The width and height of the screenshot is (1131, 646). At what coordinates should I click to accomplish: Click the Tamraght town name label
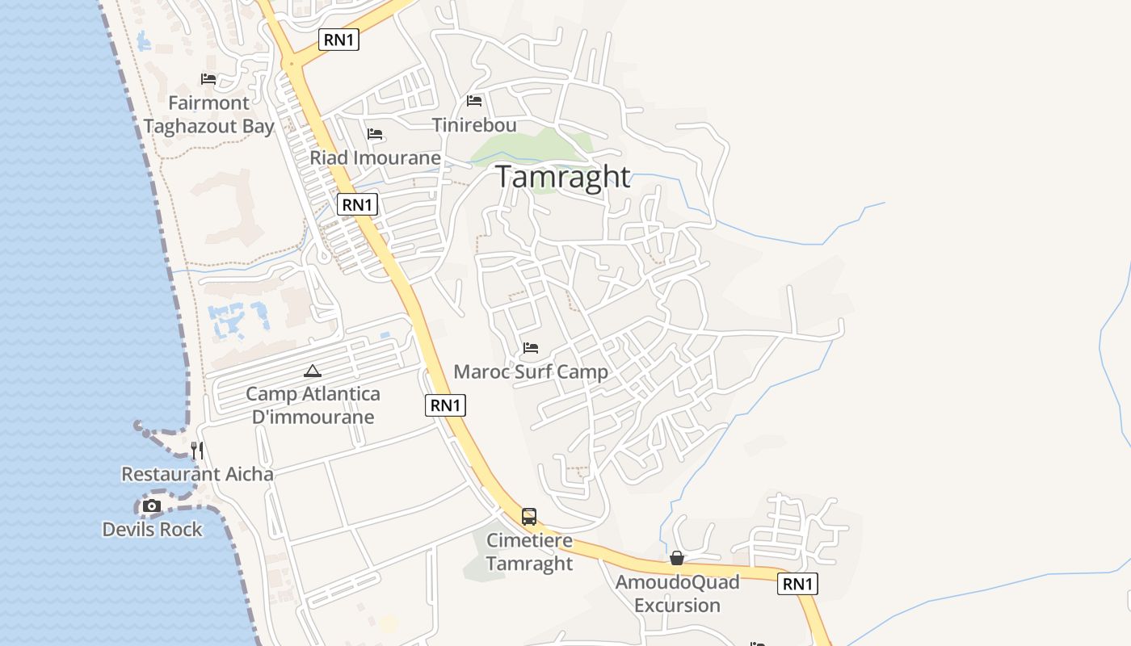pyautogui.click(x=562, y=177)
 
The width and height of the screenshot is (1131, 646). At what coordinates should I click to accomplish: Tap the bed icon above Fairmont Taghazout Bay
pyautogui.click(x=208, y=79)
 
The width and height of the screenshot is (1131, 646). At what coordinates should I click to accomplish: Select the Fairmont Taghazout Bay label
pyautogui.click(x=208, y=115)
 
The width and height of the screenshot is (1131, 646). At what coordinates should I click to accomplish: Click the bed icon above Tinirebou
pyautogui.click(x=474, y=101)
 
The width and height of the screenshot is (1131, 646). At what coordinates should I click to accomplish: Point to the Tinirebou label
pyautogui.click(x=474, y=125)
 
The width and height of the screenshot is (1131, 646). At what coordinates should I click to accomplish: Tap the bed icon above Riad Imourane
pyautogui.click(x=375, y=134)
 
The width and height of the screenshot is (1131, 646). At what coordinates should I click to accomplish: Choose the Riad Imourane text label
pyautogui.click(x=375, y=157)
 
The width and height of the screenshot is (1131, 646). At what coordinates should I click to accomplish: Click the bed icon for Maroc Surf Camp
pyautogui.click(x=531, y=348)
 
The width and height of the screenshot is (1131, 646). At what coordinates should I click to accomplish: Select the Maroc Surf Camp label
pyautogui.click(x=531, y=372)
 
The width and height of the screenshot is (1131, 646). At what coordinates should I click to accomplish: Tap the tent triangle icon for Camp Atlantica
pyautogui.click(x=313, y=371)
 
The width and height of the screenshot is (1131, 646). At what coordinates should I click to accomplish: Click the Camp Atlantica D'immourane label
pyautogui.click(x=313, y=405)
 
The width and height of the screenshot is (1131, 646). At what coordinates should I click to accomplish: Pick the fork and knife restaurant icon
pyautogui.click(x=197, y=450)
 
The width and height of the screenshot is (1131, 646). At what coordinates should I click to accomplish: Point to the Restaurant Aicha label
pyautogui.click(x=197, y=474)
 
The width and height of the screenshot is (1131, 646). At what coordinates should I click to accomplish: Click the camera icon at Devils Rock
pyautogui.click(x=151, y=506)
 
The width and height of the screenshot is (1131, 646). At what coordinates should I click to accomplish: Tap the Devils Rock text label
pyautogui.click(x=152, y=530)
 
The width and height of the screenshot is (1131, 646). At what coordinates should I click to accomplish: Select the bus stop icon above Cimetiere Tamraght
pyautogui.click(x=529, y=517)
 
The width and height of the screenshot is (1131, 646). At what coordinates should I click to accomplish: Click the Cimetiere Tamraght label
pyautogui.click(x=529, y=552)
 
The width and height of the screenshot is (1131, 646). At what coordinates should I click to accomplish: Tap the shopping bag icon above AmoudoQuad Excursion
pyautogui.click(x=677, y=558)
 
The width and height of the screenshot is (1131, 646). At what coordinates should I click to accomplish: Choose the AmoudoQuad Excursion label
pyautogui.click(x=677, y=594)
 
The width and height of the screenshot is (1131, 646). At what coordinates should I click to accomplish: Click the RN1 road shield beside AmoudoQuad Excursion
pyautogui.click(x=797, y=584)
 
